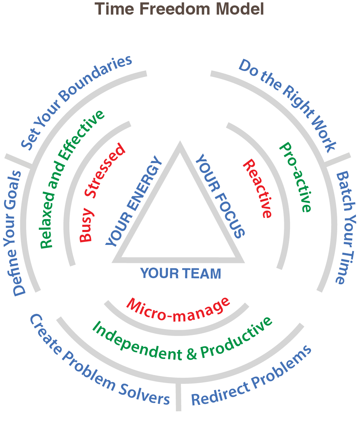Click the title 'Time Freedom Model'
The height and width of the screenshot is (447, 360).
[179, 9]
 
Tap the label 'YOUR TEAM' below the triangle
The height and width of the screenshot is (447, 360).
[181, 273]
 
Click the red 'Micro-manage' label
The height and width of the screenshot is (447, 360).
[178, 310]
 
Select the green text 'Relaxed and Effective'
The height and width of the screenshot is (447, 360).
[71, 179]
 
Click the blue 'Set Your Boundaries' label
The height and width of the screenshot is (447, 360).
[76, 102]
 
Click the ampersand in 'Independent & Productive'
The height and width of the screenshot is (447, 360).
[191, 354]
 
